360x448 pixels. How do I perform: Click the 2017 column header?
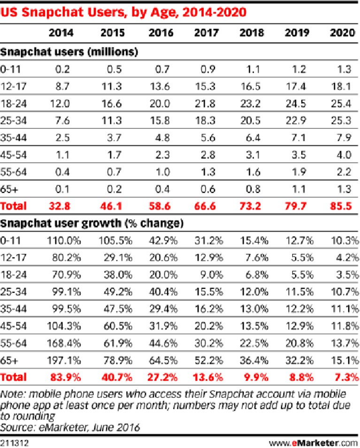point(206,32)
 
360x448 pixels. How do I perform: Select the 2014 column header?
point(61,32)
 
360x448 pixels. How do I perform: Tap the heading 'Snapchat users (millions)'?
point(69,52)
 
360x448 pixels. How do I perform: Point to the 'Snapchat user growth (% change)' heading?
point(92,223)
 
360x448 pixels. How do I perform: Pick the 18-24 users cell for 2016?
point(160,103)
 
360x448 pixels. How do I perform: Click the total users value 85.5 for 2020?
point(341,206)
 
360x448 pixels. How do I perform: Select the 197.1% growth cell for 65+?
point(64,360)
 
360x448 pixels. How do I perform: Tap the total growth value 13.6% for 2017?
point(208,378)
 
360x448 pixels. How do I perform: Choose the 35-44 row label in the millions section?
point(13,138)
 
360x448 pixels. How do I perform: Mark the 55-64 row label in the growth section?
point(13,343)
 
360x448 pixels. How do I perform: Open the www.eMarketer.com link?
point(314,443)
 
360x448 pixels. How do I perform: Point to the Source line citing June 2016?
point(70,427)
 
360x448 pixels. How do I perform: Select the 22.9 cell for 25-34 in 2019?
point(296,121)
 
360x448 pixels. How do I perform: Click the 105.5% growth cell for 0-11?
point(115,241)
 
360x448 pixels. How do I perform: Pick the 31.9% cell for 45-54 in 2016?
point(163,326)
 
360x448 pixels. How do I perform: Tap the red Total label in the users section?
point(13,206)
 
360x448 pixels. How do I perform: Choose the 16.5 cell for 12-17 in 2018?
point(251,86)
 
